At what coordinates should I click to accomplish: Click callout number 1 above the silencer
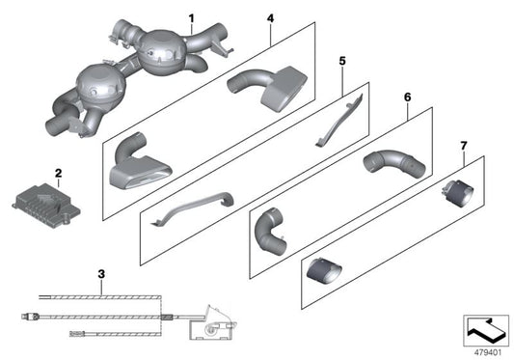point(192,18)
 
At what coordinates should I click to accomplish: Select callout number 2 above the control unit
point(59,173)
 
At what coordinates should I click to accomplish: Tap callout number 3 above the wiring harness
point(101,274)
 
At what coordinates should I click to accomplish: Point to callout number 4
point(270,18)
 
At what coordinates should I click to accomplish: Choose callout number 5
point(342,61)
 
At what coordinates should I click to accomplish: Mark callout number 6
point(407,97)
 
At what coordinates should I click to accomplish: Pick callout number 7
point(463,146)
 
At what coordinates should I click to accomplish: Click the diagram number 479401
point(488,352)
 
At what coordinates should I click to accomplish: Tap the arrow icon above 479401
point(486,330)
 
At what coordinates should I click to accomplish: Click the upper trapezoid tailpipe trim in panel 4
point(267,89)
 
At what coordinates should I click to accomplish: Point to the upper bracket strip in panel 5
point(338,121)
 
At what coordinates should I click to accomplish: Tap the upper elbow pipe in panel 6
point(394,163)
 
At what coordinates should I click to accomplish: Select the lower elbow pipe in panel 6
point(269,232)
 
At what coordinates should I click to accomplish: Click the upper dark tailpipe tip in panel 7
point(458,193)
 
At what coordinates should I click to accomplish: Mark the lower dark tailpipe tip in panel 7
point(324,271)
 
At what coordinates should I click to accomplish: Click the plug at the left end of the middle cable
point(31,317)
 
